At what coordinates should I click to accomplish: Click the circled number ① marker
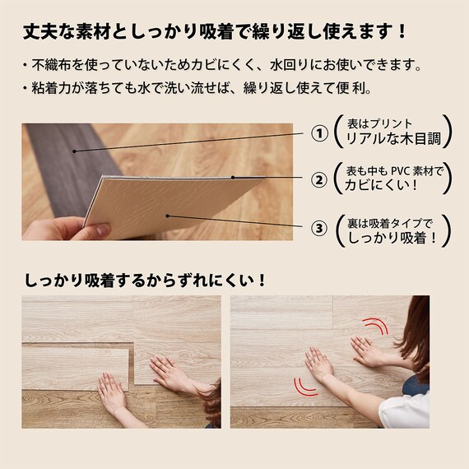point(317,133)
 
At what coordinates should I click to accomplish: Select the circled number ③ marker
point(317,226)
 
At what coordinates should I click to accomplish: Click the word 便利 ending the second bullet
point(357,86)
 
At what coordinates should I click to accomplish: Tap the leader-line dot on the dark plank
point(73,151)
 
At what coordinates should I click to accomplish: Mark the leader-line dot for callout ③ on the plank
point(168,216)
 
